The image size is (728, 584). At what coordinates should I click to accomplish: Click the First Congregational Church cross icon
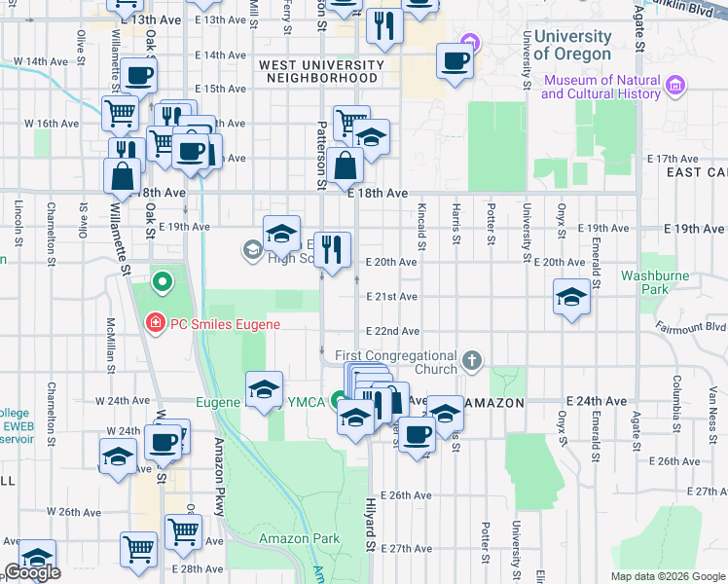coord(472,362)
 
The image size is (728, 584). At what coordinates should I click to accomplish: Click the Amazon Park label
coord(299,538)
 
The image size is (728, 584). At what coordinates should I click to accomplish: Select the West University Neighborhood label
coord(318,71)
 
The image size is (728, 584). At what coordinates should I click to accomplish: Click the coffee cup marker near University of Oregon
coord(455,61)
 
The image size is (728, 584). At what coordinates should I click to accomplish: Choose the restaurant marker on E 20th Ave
coord(332,250)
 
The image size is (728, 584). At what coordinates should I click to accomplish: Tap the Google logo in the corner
coord(32,572)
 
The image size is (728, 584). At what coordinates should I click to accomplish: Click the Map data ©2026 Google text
coord(668,576)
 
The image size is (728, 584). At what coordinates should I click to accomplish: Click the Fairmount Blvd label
coord(691,327)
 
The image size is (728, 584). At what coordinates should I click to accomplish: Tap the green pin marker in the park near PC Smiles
coord(163,283)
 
